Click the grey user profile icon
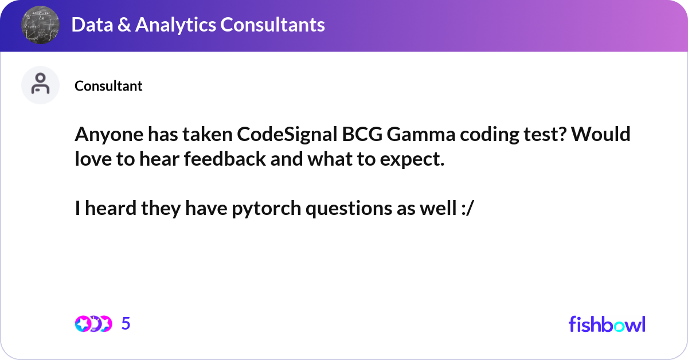[x=40, y=85]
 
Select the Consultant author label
[x=108, y=86]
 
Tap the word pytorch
[x=266, y=209]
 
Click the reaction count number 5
[x=126, y=324]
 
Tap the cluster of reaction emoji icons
[x=93, y=324]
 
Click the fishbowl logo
[x=607, y=324]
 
